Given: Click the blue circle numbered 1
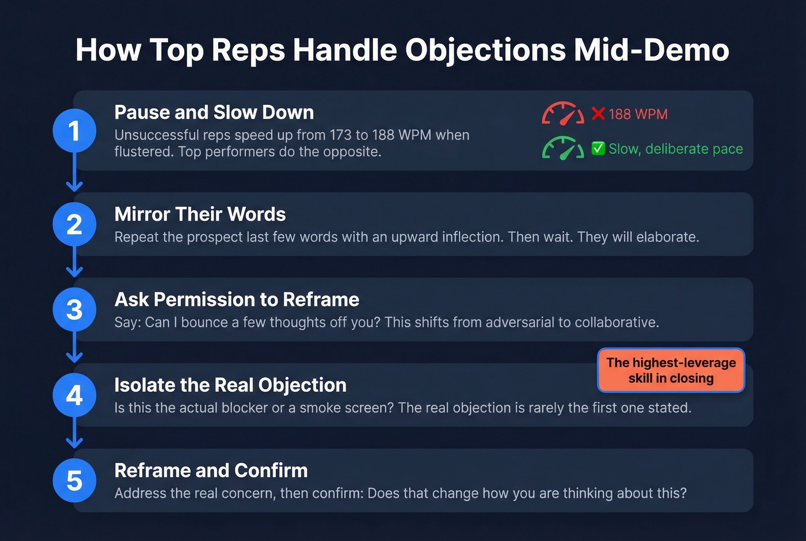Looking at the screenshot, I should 74,131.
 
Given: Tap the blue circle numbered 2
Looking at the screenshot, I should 74,224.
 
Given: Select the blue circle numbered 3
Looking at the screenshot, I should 74,309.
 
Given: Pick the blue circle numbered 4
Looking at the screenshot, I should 74,395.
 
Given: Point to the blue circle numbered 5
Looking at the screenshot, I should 74,481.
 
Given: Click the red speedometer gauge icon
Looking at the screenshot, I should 562,114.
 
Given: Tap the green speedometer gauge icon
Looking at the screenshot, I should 562,148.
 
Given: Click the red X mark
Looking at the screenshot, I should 598,114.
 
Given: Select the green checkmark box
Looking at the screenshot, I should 598,149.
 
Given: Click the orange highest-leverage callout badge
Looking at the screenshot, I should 671,370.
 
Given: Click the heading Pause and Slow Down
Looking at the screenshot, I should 214,112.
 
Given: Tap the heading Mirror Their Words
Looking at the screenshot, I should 200,214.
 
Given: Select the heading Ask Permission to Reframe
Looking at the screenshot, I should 237,300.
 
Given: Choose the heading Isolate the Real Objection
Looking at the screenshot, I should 230,385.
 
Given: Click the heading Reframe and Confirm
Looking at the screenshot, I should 211,470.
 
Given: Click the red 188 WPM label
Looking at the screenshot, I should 638,114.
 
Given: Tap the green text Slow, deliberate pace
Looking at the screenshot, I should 675,149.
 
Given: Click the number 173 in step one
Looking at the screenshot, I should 340,135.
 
